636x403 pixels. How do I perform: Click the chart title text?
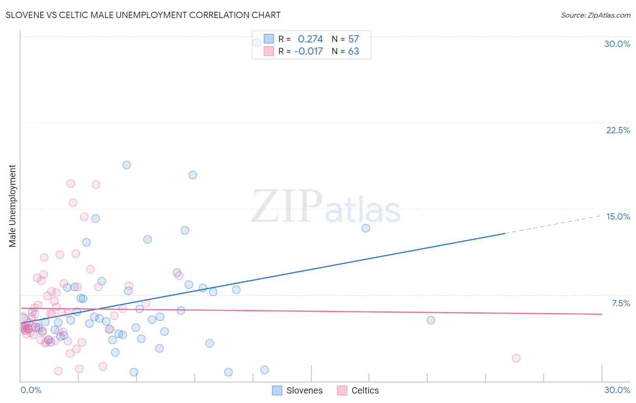[143, 15]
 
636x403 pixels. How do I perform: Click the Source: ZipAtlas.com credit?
[595, 15]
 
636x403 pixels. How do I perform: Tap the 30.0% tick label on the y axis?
[617, 44]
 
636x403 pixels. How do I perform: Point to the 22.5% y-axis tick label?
[618, 130]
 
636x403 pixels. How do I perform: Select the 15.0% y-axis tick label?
[618, 216]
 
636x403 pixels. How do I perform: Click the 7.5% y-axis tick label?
[621, 303]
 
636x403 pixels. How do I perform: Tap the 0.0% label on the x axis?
[31, 390]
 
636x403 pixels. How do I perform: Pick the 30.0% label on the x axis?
[617, 390]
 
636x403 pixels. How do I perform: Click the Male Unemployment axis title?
[12, 206]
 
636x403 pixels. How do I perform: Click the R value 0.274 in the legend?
[310, 39]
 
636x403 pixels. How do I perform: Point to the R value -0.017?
[309, 51]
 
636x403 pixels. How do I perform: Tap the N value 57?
[353, 39]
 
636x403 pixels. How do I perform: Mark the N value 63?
[353, 51]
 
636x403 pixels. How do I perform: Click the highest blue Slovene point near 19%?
[127, 165]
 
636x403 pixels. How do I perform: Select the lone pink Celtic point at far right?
[516, 358]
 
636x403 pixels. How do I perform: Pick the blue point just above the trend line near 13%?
[366, 228]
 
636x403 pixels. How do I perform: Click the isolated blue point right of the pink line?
[431, 320]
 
